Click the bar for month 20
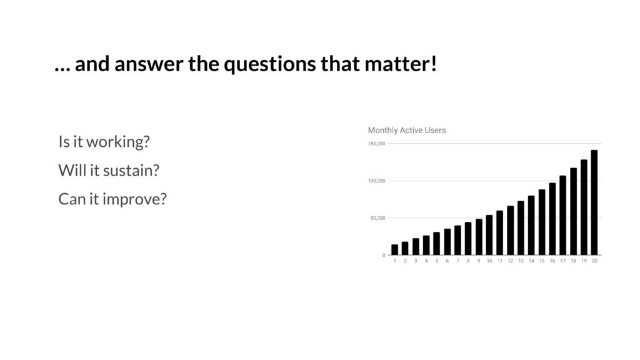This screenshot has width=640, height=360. (x=594, y=202)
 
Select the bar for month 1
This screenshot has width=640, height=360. (x=395, y=250)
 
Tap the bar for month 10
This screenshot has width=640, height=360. (x=489, y=235)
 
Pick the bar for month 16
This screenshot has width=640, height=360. (x=552, y=219)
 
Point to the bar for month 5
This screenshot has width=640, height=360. (x=437, y=244)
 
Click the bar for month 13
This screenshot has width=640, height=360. (x=521, y=228)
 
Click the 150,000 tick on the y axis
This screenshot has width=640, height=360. (x=376, y=144)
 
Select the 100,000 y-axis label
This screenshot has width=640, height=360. (x=376, y=181)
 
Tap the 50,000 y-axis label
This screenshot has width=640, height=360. (x=377, y=218)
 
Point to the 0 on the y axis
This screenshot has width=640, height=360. (x=384, y=255)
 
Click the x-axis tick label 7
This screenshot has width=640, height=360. (x=457, y=261)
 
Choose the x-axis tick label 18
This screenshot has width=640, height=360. (x=574, y=261)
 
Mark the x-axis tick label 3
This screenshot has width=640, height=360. (x=416, y=261)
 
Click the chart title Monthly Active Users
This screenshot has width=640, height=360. (x=407, y=130)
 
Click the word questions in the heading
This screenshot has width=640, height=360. (x=270, y=64)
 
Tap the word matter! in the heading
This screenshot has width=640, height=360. (x=401, y=64)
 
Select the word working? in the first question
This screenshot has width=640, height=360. (x=118, y=142)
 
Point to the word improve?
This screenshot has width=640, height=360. (x=135, y=199)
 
